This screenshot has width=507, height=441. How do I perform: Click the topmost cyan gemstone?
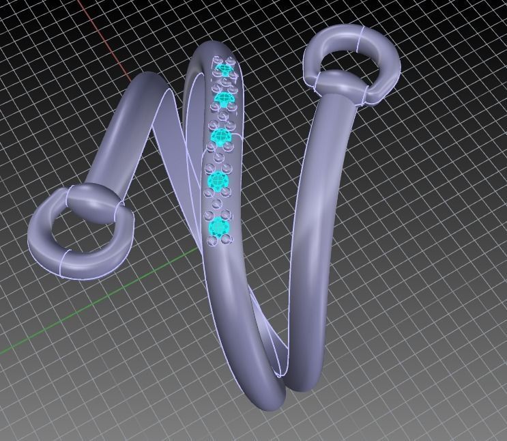[x=224, y=70]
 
